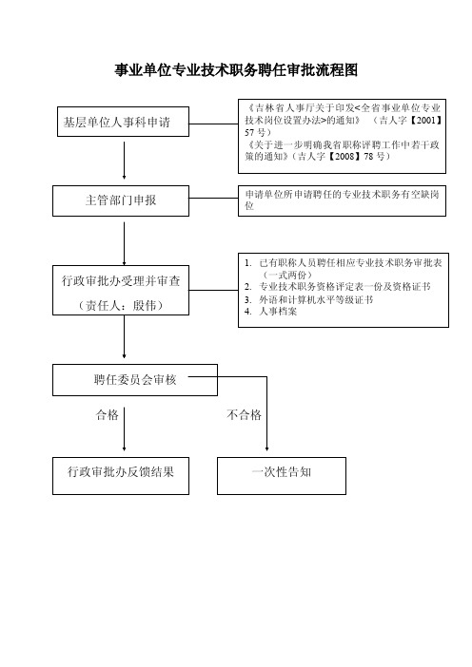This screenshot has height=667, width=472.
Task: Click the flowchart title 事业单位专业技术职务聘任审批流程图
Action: (236, 69)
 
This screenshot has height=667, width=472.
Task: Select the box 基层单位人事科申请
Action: (123, 122)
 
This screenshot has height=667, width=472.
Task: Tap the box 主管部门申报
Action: (121, 200)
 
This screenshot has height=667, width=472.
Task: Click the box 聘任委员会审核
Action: (135, 380)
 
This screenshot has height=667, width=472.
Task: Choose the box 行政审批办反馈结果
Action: (121, 476)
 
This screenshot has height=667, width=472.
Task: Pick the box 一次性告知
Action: (282, 476)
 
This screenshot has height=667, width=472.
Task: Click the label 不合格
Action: (245, 415)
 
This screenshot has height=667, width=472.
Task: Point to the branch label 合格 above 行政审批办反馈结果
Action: (108, 415)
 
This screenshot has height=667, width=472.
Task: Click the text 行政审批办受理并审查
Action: (121, 280)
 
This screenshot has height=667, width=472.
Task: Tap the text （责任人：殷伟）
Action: (121, 305)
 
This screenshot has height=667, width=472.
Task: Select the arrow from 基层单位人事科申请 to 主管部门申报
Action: (124, 161)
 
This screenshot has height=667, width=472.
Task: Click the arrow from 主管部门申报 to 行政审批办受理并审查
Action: (124, 244)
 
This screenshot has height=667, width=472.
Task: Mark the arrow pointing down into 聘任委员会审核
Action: (124, 337)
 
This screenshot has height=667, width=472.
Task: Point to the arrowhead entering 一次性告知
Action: (267, 448)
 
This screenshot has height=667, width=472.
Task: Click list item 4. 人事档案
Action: (271, 312)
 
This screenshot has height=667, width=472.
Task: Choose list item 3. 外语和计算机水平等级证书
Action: (309, 299)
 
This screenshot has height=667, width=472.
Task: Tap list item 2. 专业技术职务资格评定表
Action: (338, 287)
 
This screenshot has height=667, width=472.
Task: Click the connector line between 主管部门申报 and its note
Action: (213, 199)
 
